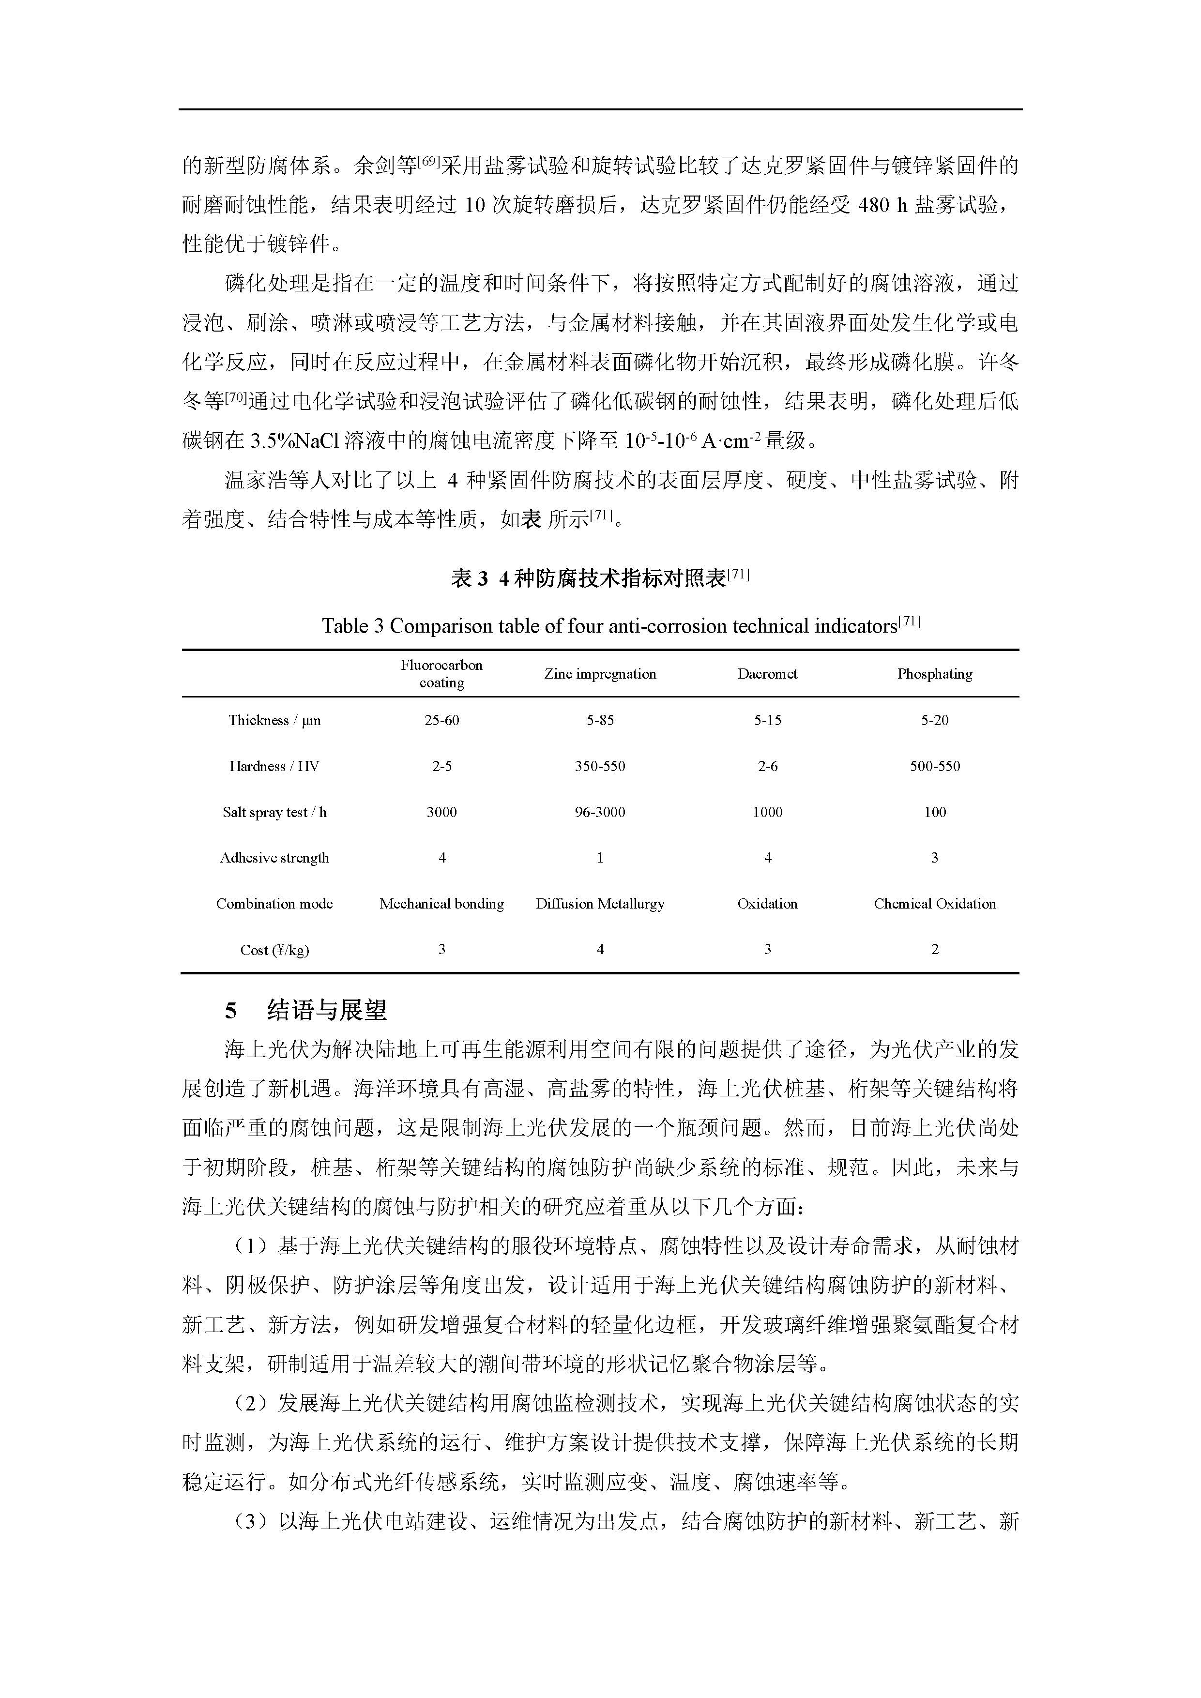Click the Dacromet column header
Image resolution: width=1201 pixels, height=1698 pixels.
click(x=767, y=674)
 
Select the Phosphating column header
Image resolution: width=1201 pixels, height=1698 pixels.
click(x=934, y=674)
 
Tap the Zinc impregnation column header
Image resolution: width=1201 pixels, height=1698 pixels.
click(x=600, y=674)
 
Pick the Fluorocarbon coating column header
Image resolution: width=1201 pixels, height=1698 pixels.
click(x=441, y=674)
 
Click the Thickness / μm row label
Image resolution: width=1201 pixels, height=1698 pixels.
click(x=274, y=720)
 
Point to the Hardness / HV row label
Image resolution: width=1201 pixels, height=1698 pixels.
click(x=274, y=766)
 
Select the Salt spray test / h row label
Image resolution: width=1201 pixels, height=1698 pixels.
click(x=274, y=812)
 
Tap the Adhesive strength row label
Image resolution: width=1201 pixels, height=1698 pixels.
click(x=274, y=858)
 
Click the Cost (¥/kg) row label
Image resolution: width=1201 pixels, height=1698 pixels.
click(x=274, y=950)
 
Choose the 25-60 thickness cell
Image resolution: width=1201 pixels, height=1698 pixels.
click(x=441, y=720)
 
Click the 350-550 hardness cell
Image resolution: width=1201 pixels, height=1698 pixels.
click(x=600, y=766)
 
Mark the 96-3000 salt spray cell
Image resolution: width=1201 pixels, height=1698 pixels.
click(x=600, y=812)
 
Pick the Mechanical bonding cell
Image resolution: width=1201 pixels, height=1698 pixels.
click(x=441, y=904)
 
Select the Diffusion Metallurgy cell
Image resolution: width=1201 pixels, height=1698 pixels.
click(x=600, y=904)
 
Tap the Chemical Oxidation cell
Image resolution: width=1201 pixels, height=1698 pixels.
click(x=934, y=904)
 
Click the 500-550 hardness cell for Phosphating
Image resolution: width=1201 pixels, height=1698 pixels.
click(x=934, y=766)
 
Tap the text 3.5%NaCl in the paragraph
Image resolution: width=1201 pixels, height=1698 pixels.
click(x=294, y=441)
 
